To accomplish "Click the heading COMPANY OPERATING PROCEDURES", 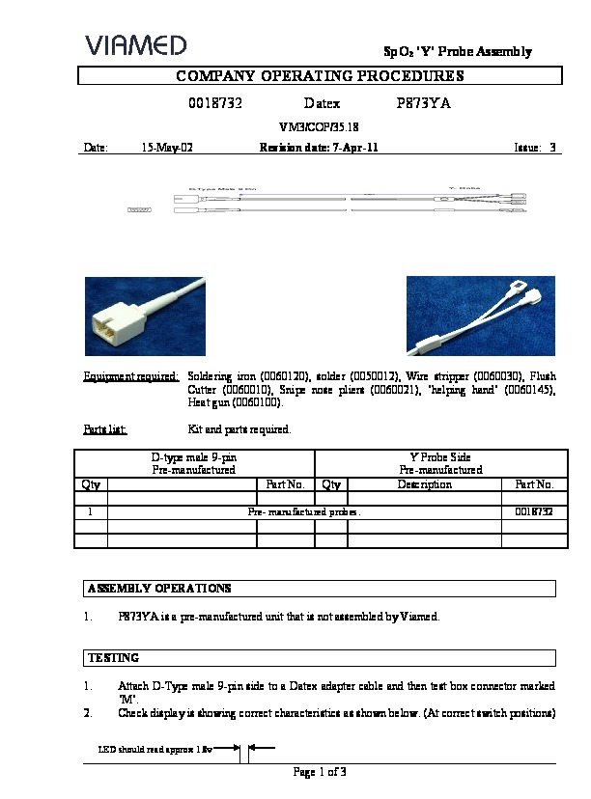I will pos(320,76).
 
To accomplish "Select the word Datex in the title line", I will pos(322,102).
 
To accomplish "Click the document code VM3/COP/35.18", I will pos(319,126).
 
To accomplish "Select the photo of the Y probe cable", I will pos(480,317).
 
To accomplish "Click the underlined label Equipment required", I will pos(130,375).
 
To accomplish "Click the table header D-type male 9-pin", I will pos(194,456).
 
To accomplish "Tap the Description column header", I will pos(424,484).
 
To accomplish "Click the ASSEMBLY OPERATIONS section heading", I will pos(159,588).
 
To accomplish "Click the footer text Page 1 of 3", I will pos(320,771).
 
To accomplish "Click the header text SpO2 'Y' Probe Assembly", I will pos(453,52).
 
